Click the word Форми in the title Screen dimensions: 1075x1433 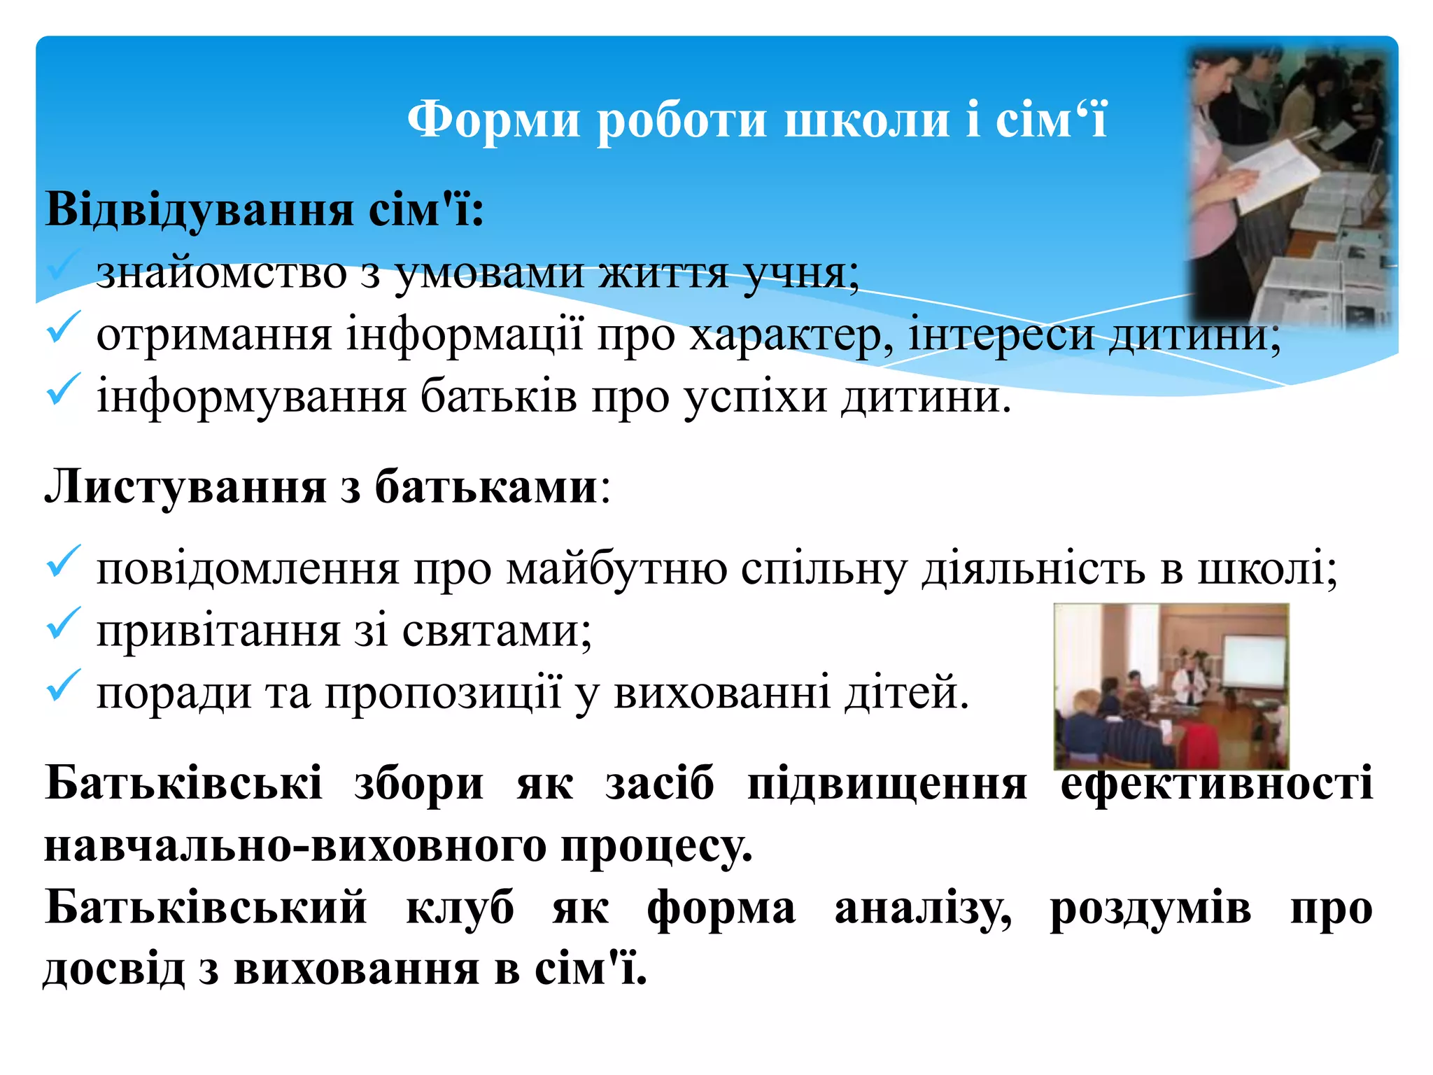click(x=493, y=119)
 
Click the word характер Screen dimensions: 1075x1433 click(x=791, y=335)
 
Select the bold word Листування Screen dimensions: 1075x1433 click(x=185, y=486)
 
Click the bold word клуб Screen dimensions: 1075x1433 click(x=460, y=908)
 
